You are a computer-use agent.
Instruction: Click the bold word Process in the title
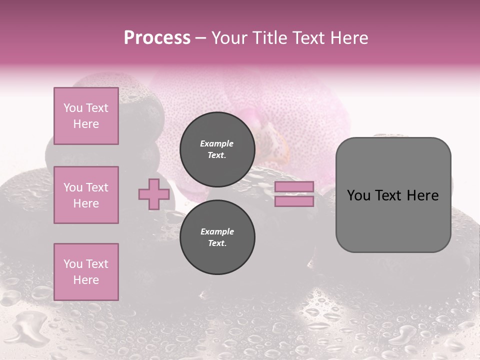click(157, 38)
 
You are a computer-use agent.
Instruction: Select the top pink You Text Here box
click(86, 116)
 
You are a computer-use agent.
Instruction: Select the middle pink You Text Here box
click(86, 195)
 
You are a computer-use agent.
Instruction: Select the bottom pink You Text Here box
click(86, 272)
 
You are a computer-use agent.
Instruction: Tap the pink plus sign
click(153, 194)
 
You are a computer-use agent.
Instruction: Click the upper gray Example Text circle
click(217, 149)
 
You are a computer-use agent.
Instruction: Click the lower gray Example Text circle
click(217, 237)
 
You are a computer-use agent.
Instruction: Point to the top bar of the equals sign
click(294, 187)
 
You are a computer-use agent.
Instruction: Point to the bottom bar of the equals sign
click(294, 201)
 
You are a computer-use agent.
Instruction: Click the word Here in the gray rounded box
click(423, 195)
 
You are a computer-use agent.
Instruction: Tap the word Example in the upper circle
click(216, 143)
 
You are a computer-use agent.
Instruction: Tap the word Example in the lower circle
click(216, 231)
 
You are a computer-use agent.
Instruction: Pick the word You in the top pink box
click(73, 108)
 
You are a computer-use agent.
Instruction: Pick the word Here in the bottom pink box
click(86, 280)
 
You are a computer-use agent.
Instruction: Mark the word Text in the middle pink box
click(96, 187)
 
